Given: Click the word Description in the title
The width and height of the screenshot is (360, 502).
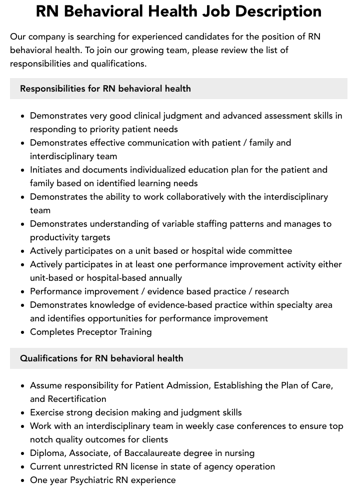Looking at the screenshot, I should pos(273,12).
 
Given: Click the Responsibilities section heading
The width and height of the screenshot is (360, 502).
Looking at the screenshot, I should pos(105,89).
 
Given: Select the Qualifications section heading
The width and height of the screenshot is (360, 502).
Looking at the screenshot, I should pos(101,358).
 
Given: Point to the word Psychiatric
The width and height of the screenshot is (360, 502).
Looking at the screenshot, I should pos(95,480).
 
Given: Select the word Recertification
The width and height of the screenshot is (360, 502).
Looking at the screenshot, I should pos(77,399).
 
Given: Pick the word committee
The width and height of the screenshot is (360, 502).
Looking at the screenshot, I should pos(268,251).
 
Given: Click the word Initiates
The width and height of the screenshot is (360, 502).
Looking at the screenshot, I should pos(46,170).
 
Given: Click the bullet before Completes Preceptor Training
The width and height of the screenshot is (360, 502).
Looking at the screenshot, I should pos(23,332).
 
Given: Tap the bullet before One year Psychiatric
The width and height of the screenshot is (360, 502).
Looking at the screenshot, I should pos(23,480).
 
